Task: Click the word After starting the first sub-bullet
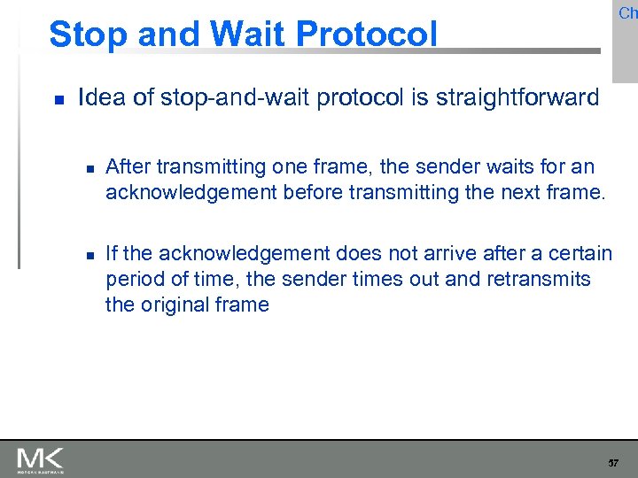(128, 166)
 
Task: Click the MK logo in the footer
(40, 459)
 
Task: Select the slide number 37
(613, 463)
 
